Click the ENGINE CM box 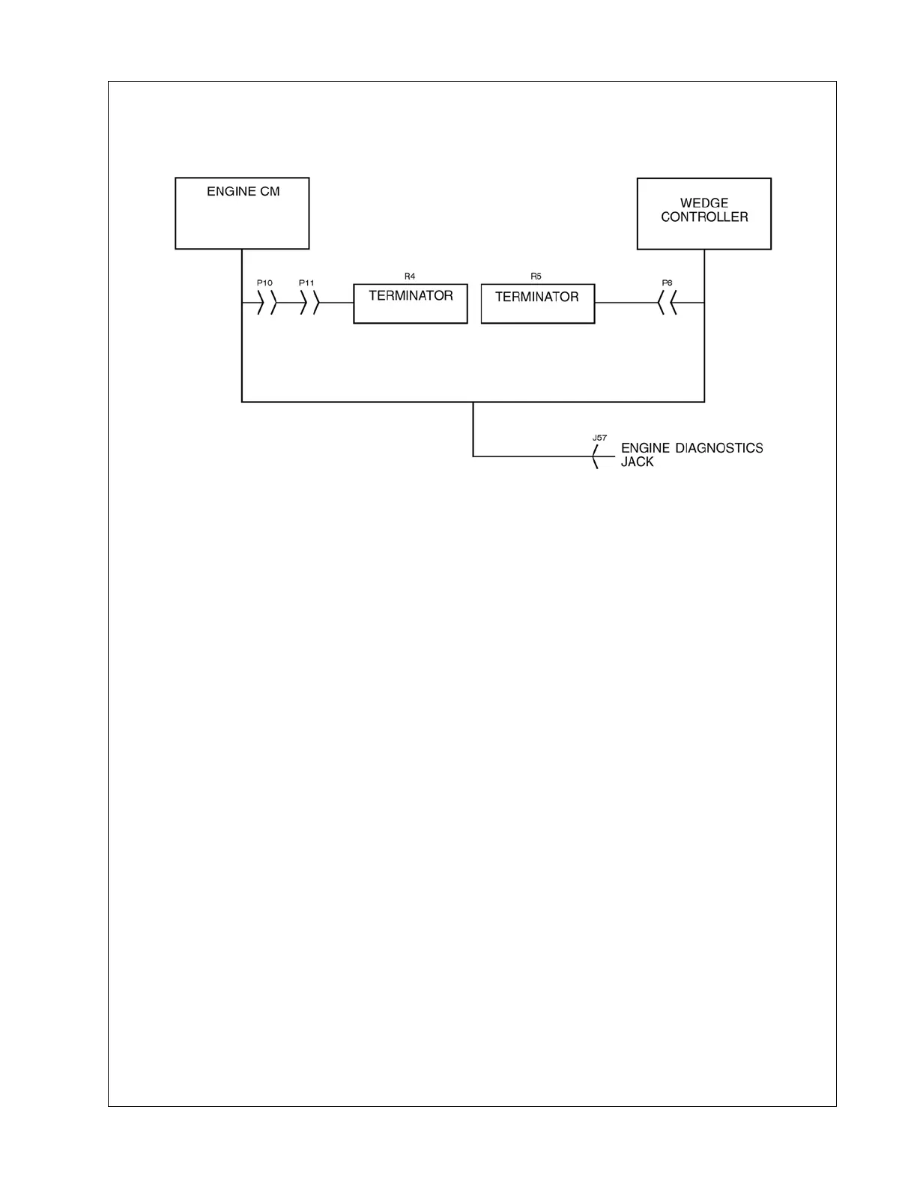point(242,213)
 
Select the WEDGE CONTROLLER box point(703,214)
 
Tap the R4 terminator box point(411,303)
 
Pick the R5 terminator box point(537,303)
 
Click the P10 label point(264,283)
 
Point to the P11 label point(306,283)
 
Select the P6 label point(667,283)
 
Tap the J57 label point(599,437)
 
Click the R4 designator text point(410,277)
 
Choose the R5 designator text point(536,277)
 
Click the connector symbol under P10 point(267,303)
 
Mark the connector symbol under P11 point(309,303)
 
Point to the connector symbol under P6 point(667,303)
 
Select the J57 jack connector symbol point(596,456)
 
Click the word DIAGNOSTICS point(719,448)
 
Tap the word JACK point(637,462)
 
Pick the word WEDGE point(704,203)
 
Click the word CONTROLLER point(704,217)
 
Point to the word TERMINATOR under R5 point(537,297)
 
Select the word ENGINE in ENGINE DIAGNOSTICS point(646,448)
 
